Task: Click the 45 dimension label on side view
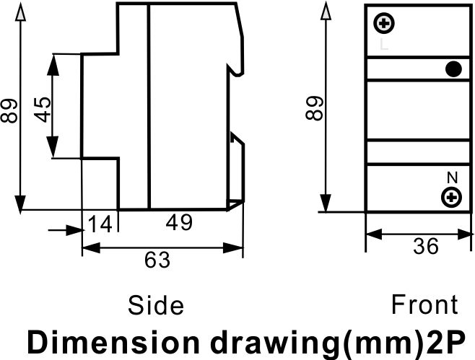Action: click(43, 110)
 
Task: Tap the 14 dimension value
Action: click(100, 224)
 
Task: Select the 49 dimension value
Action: click(179, 222)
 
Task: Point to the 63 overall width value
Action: click(157, 260)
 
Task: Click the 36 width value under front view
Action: click(426, 245)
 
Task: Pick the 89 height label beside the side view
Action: click(9, 110)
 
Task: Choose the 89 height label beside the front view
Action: click(315, 108)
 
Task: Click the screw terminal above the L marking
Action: click(384, 23)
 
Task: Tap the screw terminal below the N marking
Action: click(451, 198)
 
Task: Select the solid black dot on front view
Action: click(453, 69)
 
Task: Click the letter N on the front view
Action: click(453, 177)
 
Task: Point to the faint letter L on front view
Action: click(384, 44)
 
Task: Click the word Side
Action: click(156, 305)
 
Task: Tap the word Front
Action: click(424, 304)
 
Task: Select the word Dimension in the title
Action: click(113, 342)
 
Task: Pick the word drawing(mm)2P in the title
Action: click(337, 343)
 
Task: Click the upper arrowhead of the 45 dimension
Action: click(53, 64)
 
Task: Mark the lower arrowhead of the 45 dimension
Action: click(53, 147)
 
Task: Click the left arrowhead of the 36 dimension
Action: click(374, 234)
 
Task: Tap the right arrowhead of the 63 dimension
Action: click(233, 248)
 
